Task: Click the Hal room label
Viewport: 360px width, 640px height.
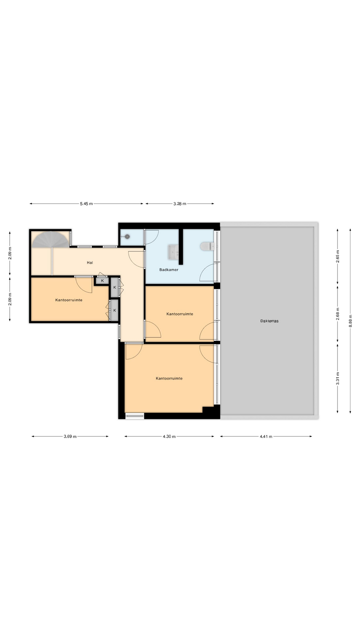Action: point(90,263)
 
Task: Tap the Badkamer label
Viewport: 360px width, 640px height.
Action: point(169,270)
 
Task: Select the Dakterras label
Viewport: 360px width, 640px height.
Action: point(269,321)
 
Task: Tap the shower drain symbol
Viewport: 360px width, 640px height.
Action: point(127,237)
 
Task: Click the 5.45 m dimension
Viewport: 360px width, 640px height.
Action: point(86,204)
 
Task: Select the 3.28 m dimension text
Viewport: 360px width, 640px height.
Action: point(180,204)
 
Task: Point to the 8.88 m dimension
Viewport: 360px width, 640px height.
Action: point(350,321)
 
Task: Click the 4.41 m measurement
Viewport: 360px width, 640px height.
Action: point(266,436)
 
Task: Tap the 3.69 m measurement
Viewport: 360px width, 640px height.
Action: point(70,436)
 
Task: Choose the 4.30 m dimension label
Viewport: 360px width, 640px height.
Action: point(169,436)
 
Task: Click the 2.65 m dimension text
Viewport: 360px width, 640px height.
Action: point(338,256)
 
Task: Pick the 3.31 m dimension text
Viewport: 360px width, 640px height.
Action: point(338,378)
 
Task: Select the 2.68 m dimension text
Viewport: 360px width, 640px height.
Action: point(338,314)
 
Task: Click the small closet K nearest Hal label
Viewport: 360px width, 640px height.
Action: point(102,281)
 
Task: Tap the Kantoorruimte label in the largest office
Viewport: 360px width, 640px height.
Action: point(169,378)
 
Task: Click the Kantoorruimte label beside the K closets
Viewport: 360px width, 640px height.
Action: point(69,300)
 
